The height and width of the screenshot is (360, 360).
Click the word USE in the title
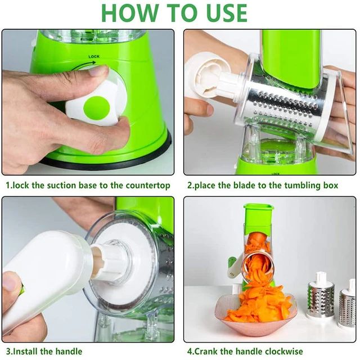pos(222,12)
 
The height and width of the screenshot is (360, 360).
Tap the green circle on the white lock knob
pos(96,107)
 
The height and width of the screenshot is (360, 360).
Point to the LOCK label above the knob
pos(94,57)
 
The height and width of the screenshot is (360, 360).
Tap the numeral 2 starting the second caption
pos(190,185)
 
